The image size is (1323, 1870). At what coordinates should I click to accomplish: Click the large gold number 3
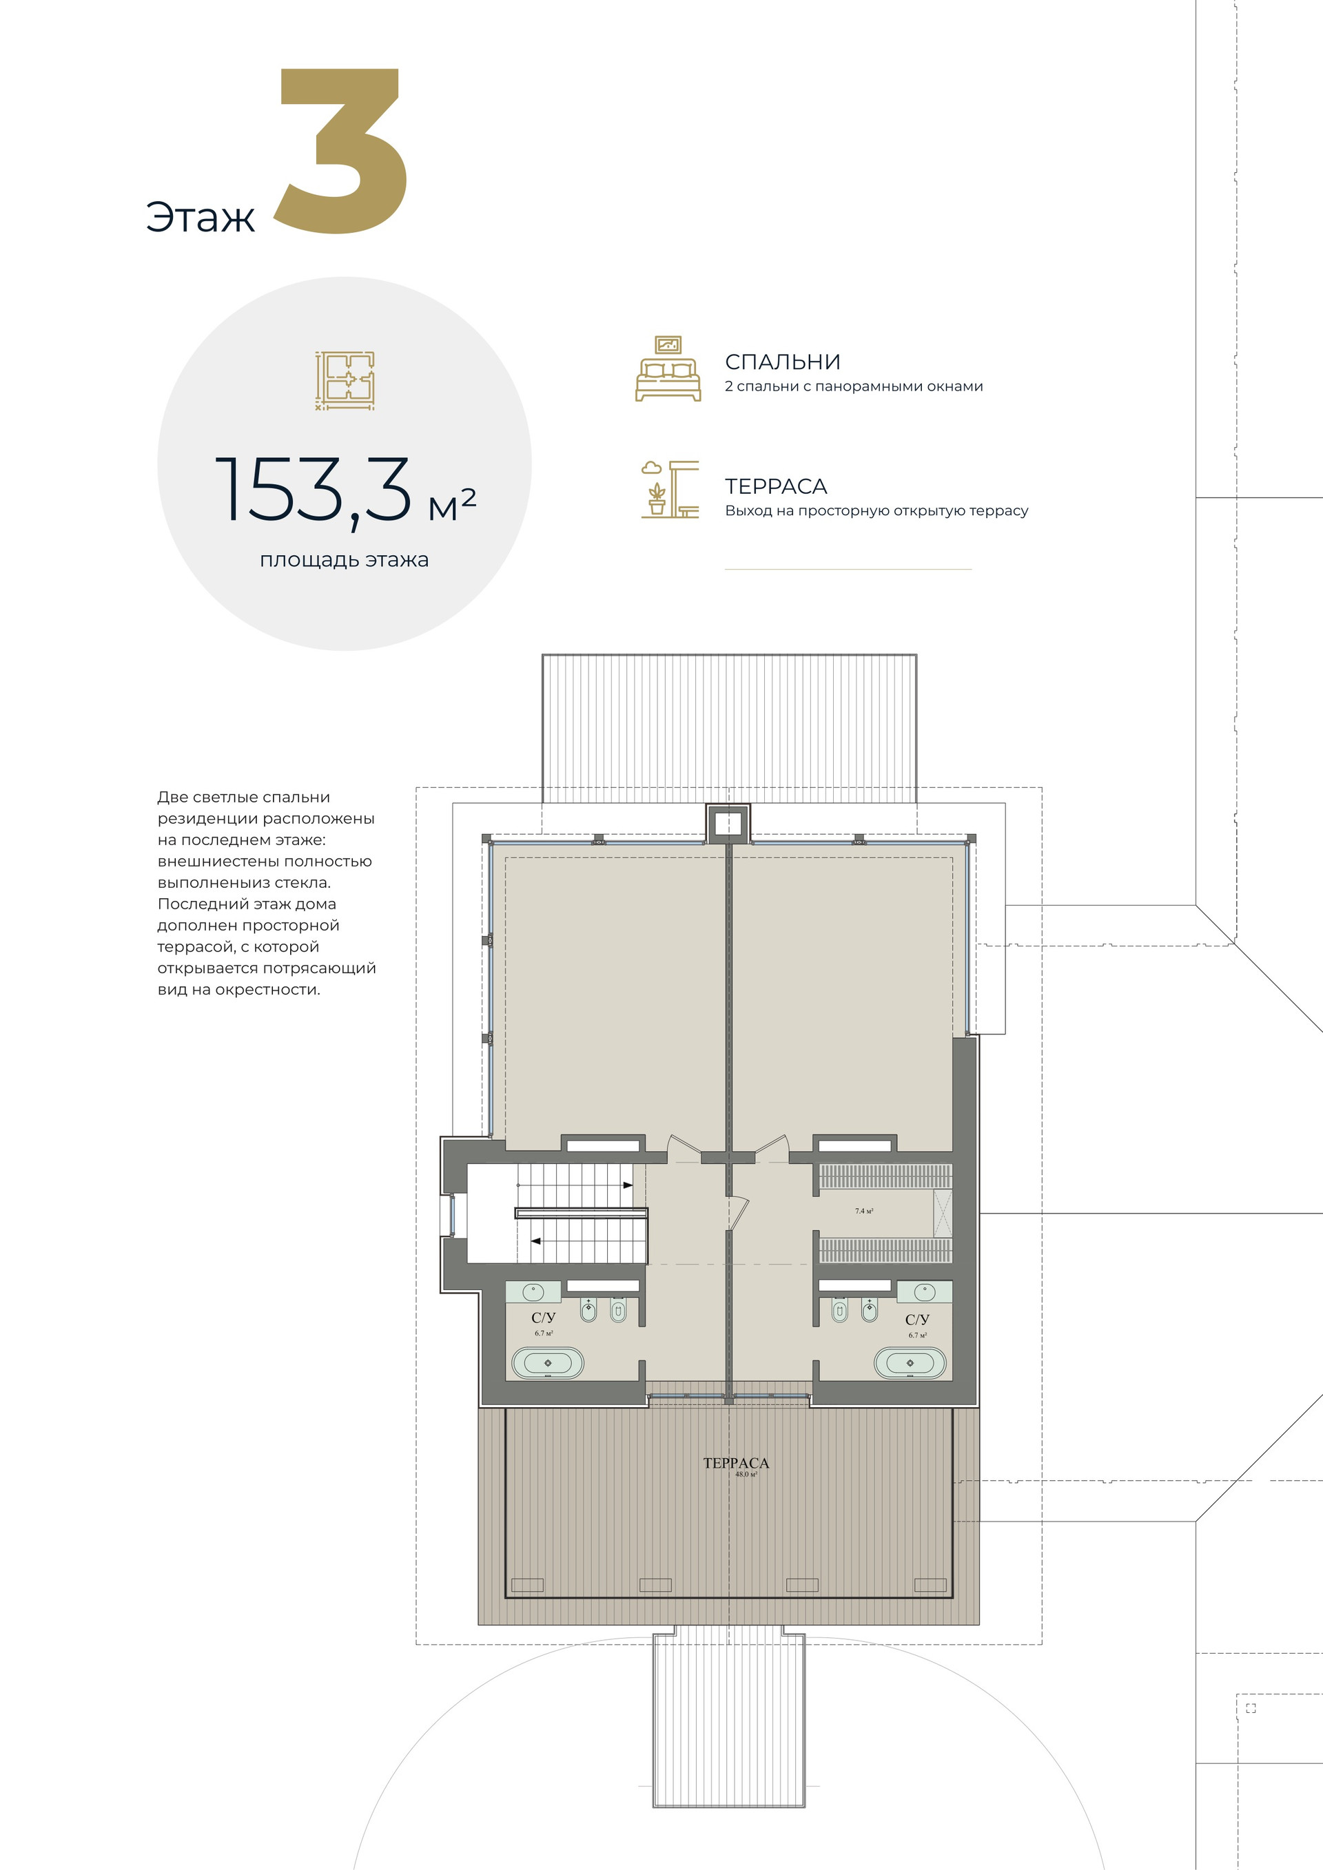340,152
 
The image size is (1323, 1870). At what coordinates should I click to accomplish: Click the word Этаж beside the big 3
201,218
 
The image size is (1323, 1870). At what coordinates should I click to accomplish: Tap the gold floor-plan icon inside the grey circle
345,380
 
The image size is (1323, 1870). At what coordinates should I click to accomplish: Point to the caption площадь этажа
344,561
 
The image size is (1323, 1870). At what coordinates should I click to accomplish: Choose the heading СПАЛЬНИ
782,362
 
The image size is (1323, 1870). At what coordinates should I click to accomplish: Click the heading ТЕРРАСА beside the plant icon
776,487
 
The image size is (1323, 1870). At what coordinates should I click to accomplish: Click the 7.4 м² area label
863,1211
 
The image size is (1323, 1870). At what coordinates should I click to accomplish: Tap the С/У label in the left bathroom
544,1318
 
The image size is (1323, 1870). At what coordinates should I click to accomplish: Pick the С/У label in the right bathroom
917,1320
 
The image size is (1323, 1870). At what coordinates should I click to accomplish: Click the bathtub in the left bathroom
547,1362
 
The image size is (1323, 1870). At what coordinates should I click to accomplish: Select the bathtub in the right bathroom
910,1362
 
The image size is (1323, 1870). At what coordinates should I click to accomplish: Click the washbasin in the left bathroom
533,1291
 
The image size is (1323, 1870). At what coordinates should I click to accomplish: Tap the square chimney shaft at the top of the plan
727,822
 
